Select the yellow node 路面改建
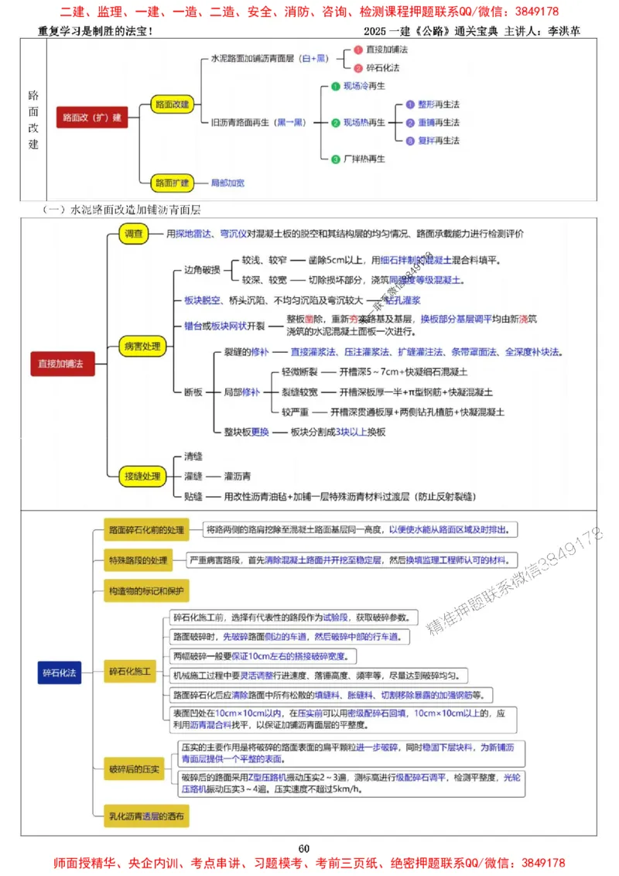point(171,104)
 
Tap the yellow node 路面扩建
point(171,183)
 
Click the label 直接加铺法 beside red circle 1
point(387,50)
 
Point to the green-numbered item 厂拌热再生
point(364,159)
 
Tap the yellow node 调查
point(134,234)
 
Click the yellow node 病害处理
point(142,346)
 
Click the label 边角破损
point(202,270)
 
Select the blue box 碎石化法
point(60,673)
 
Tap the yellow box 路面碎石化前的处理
point(146,531)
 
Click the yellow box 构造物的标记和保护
point(146,592)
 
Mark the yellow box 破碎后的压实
point(134,768)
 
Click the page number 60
point(304,849)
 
